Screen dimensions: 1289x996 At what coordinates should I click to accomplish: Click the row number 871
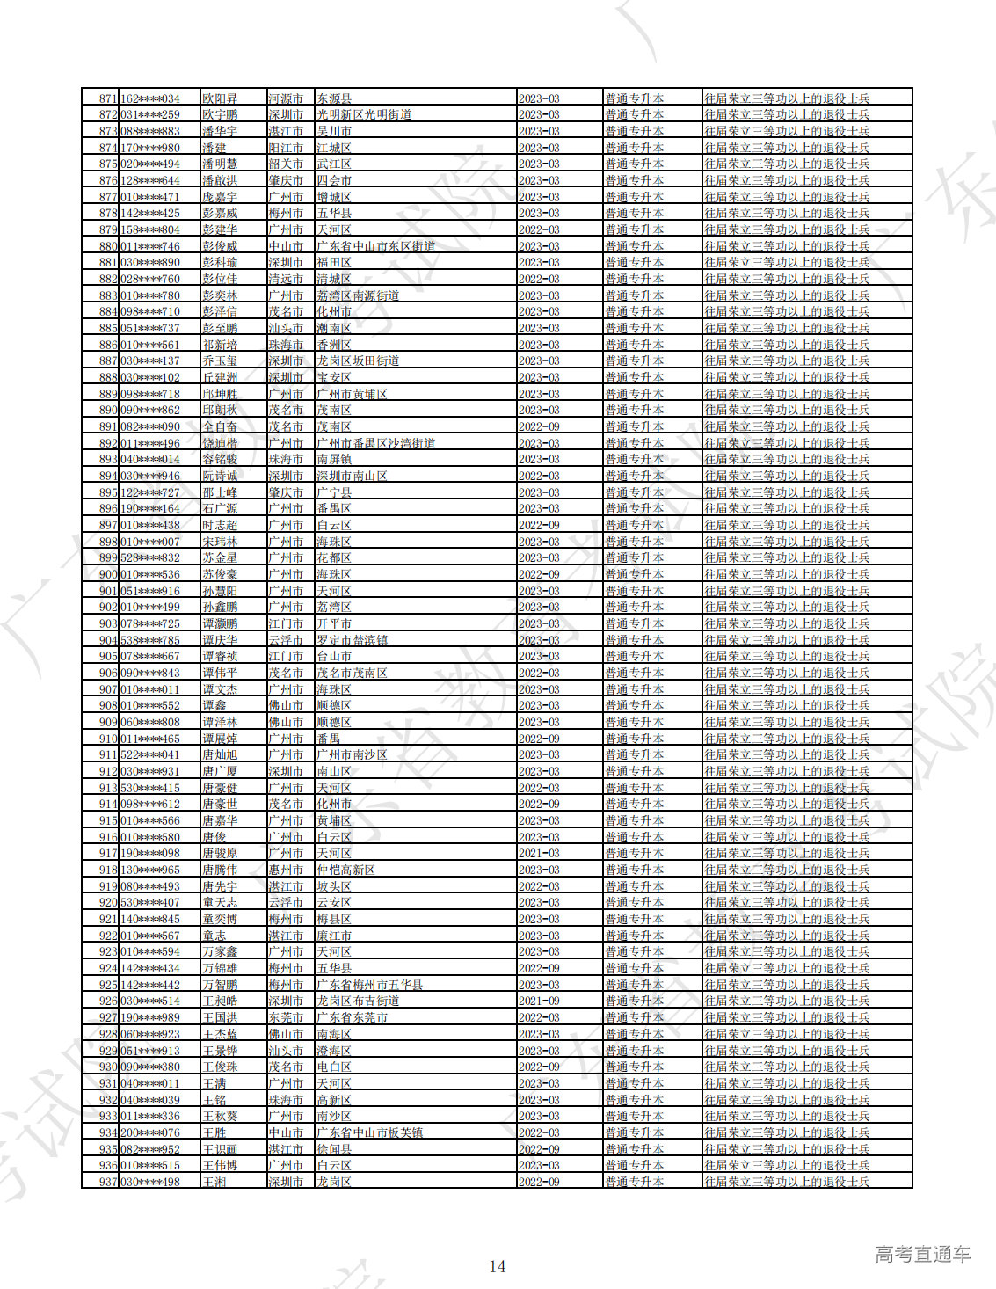pos(108,98)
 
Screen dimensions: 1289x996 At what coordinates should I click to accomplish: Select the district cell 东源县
pos(334,98)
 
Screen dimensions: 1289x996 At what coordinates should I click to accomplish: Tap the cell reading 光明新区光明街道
pos(364,114)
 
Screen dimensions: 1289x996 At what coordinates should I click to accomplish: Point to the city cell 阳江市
pos(286,148)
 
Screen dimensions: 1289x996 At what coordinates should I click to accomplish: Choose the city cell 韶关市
pos(286,164)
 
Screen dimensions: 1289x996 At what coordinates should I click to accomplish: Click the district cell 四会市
pos(334,180)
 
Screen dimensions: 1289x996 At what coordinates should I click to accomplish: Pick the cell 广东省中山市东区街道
pos(375,246)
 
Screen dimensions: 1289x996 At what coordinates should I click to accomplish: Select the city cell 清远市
pos(286,279)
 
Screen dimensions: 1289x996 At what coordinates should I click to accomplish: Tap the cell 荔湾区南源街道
pos(358,295)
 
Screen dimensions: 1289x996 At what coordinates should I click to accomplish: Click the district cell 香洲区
pos(334,345)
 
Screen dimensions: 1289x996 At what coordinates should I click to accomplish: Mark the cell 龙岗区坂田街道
pos(358,360)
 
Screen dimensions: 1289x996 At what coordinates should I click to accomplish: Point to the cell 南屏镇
pos(334,459)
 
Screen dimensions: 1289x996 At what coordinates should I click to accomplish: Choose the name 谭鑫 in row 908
pos(214,705)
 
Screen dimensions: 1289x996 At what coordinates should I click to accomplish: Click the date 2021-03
pos(539,853)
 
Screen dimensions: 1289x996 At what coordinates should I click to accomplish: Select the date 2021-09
pos(539,1001)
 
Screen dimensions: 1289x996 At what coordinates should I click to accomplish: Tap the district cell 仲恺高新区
pos(345,870)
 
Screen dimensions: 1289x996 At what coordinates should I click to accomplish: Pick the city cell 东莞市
pos(286,1017)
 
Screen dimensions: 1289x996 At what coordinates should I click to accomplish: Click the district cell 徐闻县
pos(334,1149)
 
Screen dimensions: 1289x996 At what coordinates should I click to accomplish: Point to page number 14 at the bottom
pos(498,1266)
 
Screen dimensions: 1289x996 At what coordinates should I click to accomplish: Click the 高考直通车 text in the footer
pos(922,1255)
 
